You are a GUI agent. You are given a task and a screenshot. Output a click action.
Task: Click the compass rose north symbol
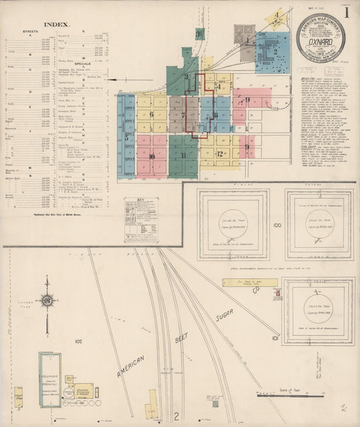coord(48,300)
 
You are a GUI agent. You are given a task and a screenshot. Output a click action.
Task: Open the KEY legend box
coord(141,220)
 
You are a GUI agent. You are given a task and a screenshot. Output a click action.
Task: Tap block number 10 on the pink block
coord(152,157)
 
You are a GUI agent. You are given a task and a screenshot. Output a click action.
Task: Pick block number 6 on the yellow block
coord(152,114)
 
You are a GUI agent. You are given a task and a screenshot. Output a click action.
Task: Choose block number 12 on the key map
coord(220,154)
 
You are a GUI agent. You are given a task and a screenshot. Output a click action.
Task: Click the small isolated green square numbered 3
coord(199,32)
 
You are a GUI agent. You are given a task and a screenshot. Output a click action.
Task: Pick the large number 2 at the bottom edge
coord(177,417)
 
